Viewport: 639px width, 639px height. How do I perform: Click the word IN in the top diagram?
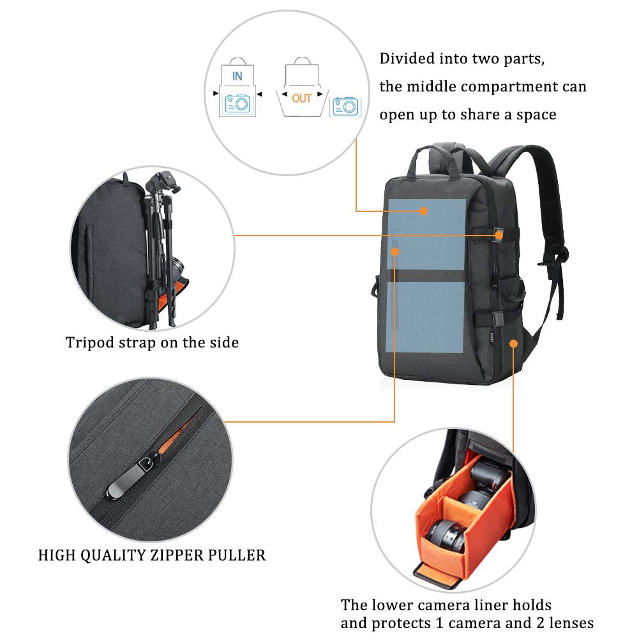coord(237,76)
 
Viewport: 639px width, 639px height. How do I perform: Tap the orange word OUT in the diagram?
coord(302,98)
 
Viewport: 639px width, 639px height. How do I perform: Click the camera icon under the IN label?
coord(237,103)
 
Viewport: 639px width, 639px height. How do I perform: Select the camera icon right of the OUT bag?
coord(345,106)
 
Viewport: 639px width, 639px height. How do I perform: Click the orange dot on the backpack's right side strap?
coord(499,236)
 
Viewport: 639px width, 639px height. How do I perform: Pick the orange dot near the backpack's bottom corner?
coord(513,344)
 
